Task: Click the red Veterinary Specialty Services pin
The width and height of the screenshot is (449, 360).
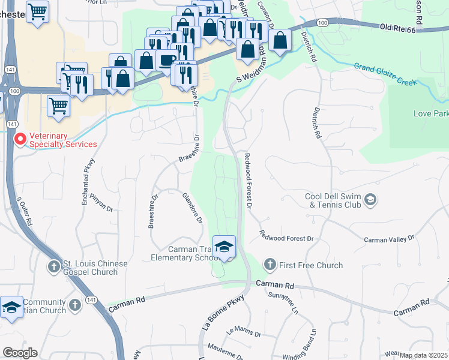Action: pyautogui.click(x=20, y=140)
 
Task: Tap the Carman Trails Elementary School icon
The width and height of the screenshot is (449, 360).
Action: pyautogui.click(x=224, y=247)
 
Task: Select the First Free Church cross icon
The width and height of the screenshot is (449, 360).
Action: pyautogui.click(x=270, y=265)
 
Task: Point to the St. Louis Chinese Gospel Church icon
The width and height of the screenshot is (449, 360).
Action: pyautogui.click(x=54, y=265)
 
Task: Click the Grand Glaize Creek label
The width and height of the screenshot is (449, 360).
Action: pyautogui.click(x=385, y=74)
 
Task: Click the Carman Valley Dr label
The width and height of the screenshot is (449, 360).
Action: pyautogui.click(x=390, y=239)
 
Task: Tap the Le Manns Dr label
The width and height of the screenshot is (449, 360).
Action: pyautogui.click(x=243, y=332)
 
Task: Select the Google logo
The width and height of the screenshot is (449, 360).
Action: pyautogui.click(x=20, y=352)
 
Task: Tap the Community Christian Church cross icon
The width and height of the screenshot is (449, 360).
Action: pyautogui.click(x=76, y=305)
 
